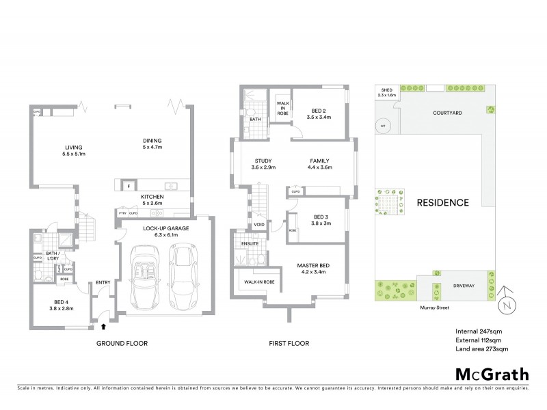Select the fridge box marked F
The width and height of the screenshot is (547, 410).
click(x=128, y=186)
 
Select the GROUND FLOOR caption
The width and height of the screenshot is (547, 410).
click(x=121, y=343)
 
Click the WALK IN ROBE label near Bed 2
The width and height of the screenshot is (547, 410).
click(x=282, y=108)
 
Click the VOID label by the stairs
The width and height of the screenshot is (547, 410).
click(x=259, y=224)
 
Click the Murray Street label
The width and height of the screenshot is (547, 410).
click(x=434, y=308)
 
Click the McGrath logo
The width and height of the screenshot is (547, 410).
click(x=491, y=374)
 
